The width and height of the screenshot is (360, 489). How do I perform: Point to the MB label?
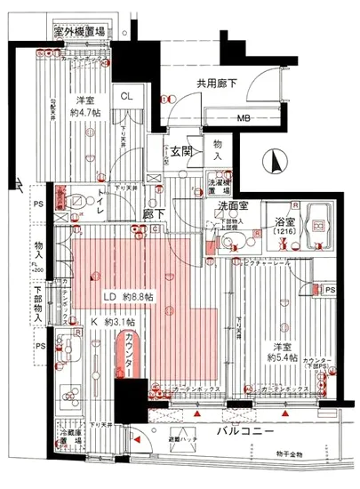pos(242,117)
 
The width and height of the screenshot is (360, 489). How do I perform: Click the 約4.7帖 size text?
pos(85,114)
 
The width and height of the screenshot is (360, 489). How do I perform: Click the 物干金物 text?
pos(290,453)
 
